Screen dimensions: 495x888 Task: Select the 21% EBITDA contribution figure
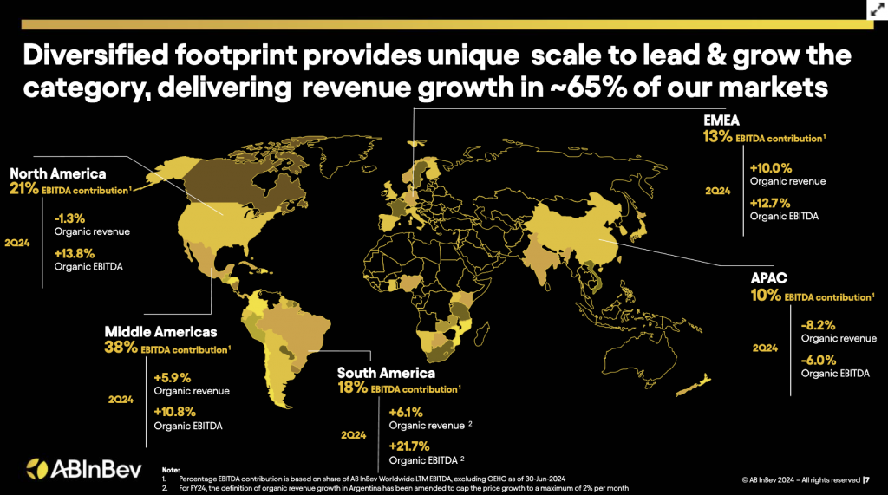click(x=24, y=188)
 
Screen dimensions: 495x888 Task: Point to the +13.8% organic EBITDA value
click(x=75, y=254)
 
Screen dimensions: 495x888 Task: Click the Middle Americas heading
click(x=160, y=332)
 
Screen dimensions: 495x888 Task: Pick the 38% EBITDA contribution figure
click(x=120, y=348)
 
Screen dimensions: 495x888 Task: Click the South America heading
click(x=386, y=374)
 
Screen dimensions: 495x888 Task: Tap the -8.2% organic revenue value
click(x=818, y=326)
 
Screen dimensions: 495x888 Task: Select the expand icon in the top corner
click(x=873, y=11)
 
